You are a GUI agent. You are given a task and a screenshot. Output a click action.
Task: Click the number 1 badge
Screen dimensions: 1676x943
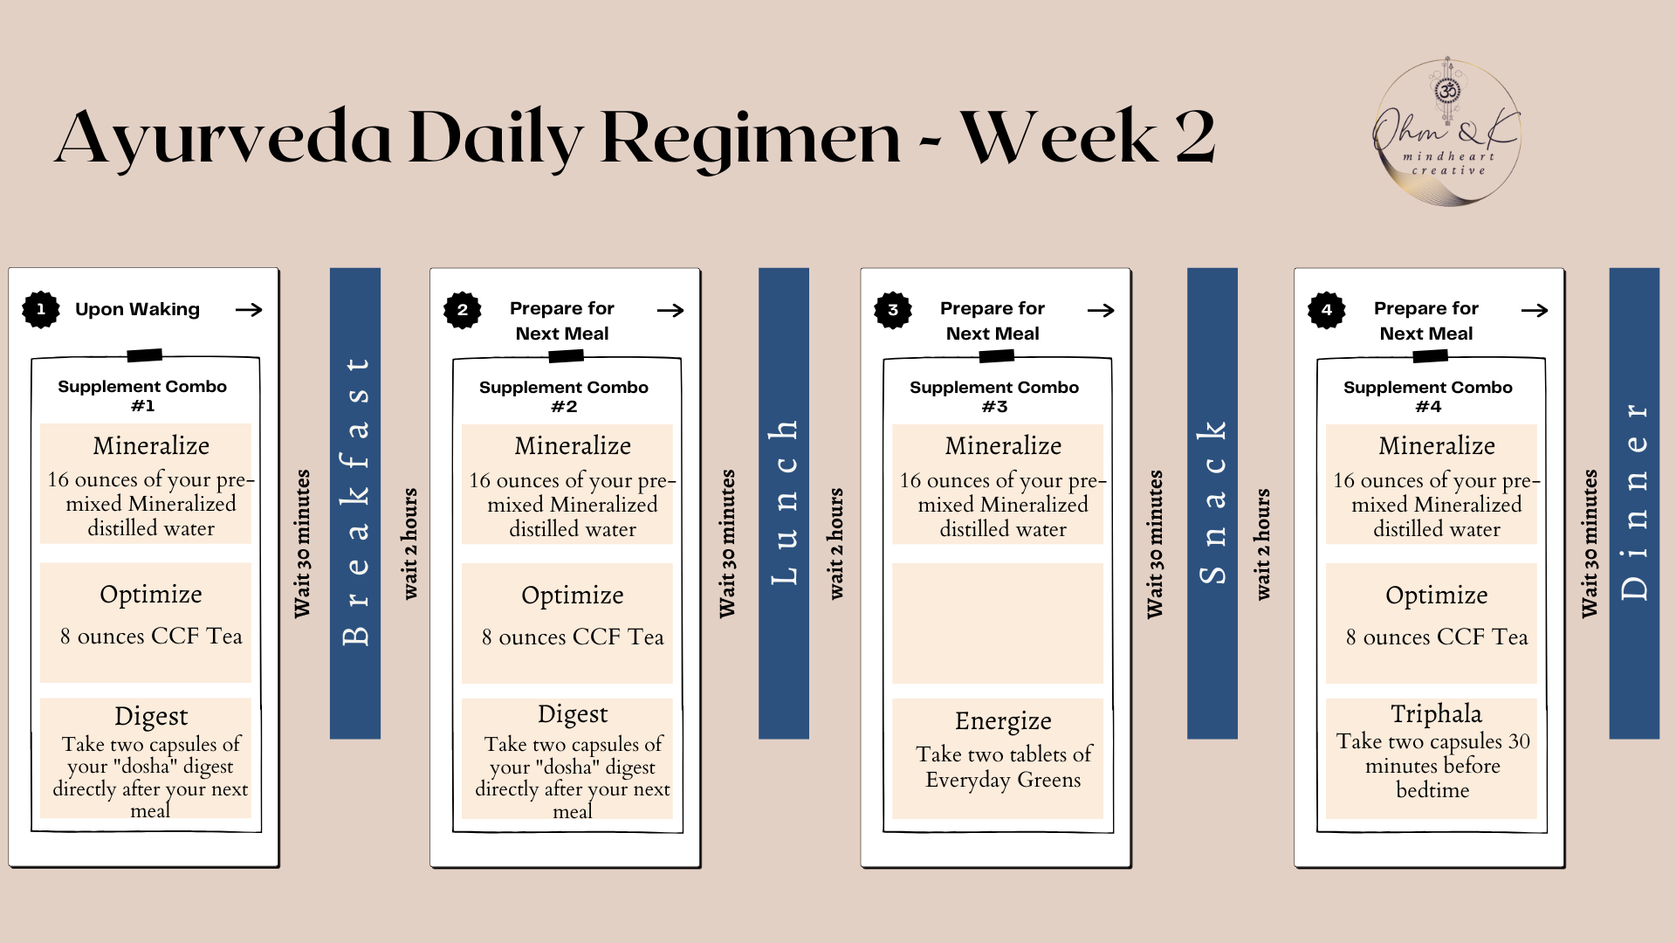(40, 309)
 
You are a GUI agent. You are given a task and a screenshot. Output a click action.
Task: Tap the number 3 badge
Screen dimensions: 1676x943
(892, 310)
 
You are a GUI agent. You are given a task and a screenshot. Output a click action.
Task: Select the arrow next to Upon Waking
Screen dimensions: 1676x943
(249, 310)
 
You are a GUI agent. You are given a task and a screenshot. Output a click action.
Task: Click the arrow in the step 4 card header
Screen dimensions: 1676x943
(1534, 310)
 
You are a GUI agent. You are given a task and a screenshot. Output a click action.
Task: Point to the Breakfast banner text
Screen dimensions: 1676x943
(355, 502)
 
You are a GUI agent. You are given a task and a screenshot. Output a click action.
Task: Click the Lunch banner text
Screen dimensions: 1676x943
(784, 502)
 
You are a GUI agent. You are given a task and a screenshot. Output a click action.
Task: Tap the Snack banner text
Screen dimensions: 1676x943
(1212, 502)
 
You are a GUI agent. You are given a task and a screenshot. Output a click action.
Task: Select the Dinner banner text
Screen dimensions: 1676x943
(1634, 502)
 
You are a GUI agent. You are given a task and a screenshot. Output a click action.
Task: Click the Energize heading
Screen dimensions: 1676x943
(1003, 721)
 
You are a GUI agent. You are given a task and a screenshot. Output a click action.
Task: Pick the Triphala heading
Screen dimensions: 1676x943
(1436, 714)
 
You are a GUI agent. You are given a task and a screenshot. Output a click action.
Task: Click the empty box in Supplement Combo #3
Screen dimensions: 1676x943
(997, 623)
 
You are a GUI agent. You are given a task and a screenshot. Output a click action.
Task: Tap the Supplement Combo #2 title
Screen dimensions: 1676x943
(564, 396)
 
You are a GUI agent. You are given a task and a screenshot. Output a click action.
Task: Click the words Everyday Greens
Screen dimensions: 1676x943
(1003, 780)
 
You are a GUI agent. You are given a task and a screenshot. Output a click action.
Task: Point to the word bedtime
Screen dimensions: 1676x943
(1432, 790)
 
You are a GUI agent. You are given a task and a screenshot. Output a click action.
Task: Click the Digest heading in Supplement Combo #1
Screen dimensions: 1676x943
(151, 717)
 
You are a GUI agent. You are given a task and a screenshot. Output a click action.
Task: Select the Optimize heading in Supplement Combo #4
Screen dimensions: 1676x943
(1436, 595)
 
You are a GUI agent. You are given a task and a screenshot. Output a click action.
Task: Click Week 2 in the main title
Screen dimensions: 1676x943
(1088, 137)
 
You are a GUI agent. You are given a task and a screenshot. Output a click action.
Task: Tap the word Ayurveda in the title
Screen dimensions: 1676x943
(223, 137)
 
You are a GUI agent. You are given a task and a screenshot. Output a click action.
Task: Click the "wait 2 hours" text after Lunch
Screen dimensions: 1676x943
(836, 543)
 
